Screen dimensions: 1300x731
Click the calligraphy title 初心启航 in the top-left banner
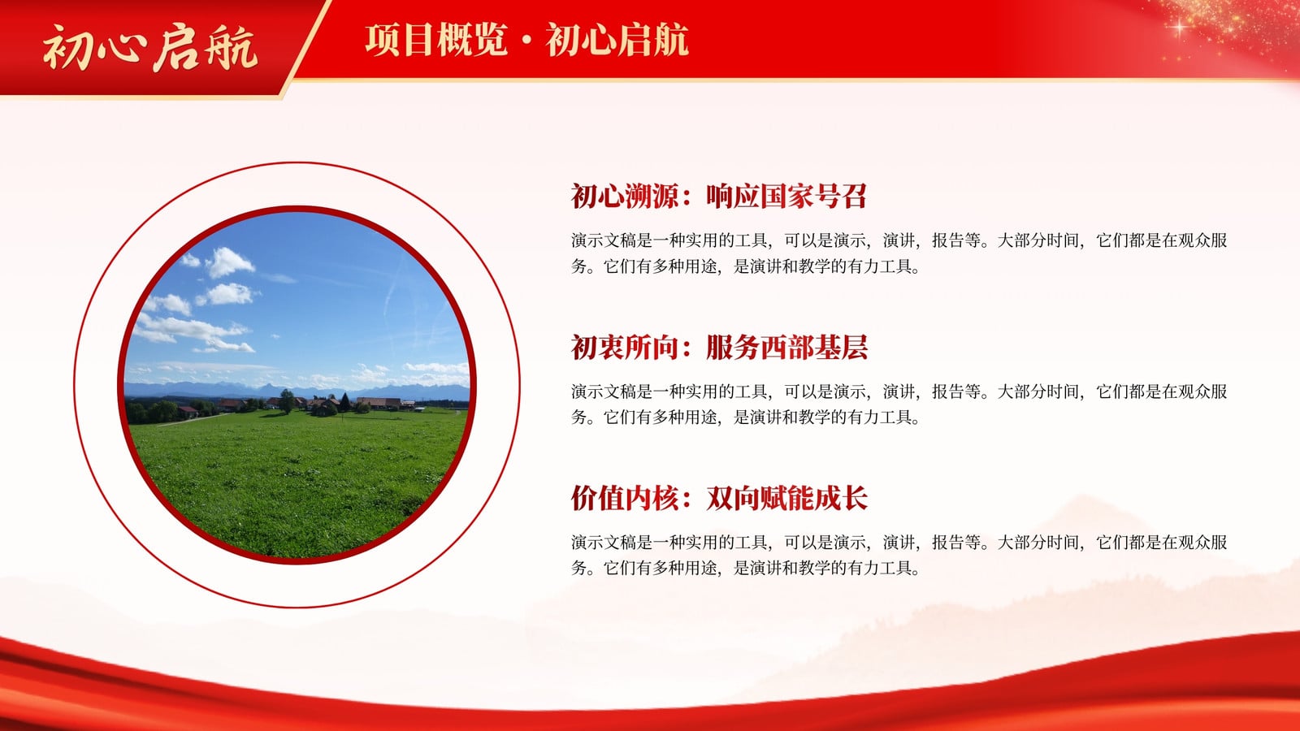click(149, 48)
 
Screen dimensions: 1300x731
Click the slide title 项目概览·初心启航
click(527, 40)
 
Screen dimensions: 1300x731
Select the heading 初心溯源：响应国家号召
click(718, 196)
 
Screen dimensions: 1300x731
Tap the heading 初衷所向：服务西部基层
click(719, 347)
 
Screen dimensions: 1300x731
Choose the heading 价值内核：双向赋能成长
click(719, 498)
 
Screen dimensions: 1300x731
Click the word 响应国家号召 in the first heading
click(786, 196)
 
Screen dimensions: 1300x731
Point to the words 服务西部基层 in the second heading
click(787, 347)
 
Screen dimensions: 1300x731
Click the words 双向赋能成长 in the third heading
click(787, 498)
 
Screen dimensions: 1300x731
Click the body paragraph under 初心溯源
click(899, 253)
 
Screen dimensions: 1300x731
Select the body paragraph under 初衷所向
click(899, 404)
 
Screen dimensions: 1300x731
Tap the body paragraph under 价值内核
click(899, 555)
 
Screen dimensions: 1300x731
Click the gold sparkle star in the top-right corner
click(1179, 28)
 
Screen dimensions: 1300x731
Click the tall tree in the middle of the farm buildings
click(287, 401)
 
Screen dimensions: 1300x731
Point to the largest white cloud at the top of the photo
click(228, 262)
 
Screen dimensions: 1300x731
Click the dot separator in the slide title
click(526, 40)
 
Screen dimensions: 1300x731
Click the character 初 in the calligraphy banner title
click(67, 48)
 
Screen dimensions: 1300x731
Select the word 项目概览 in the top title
click(436, 40)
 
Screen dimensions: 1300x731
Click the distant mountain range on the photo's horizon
click(297, 390)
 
